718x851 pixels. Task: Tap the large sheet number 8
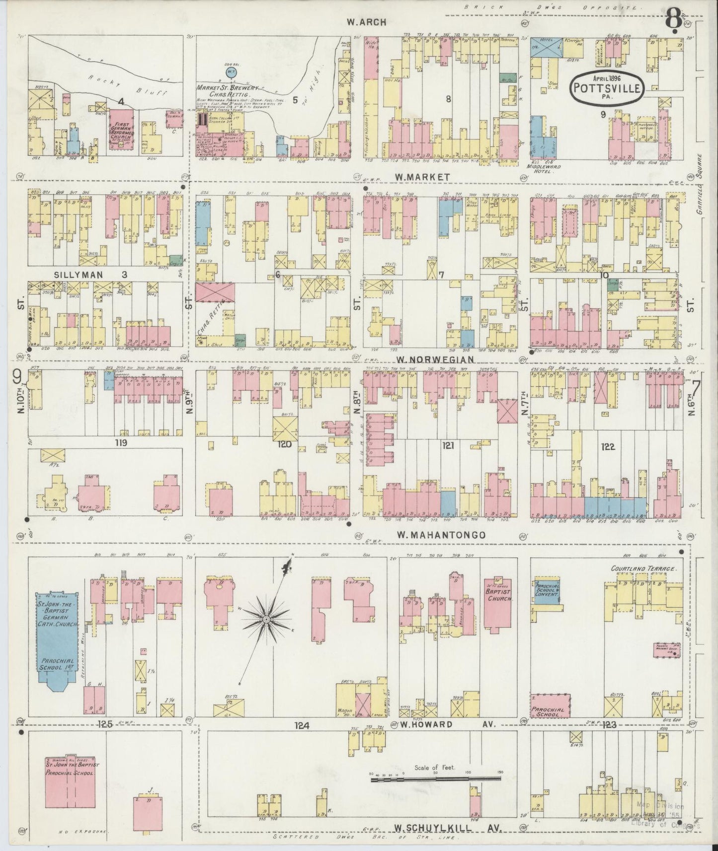pyautogui.click(x=674, y=18)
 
